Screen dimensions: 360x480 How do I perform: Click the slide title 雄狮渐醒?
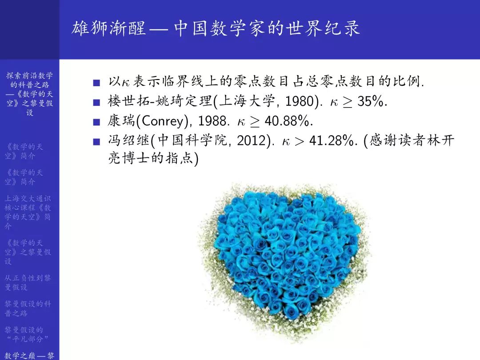pos(108,29)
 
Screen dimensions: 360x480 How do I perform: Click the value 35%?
pos(372,102)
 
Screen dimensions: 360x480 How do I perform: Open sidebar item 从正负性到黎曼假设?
pos(28,282)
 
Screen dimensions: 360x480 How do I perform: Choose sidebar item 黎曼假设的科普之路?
pos(28,308)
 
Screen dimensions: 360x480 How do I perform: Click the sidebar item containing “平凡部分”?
pos(28,334)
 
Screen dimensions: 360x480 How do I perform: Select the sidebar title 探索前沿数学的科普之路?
pos(29,94)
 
